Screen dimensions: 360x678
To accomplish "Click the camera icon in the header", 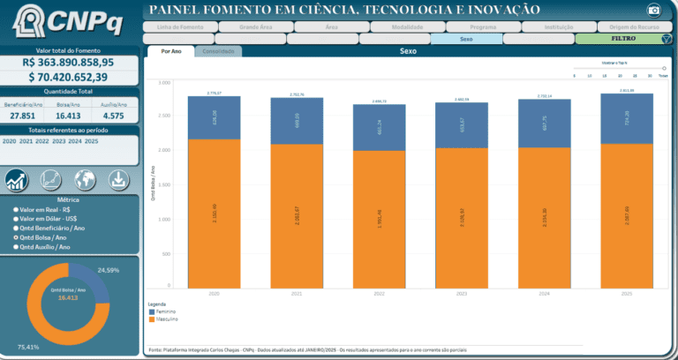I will click(654, 11).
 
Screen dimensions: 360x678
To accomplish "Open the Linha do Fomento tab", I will click(179, 26).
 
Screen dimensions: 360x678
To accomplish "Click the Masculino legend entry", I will click(169, 320).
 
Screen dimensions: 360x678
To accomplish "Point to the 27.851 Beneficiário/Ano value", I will click(23, 116).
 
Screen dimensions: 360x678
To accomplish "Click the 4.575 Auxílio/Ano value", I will click(113, 116).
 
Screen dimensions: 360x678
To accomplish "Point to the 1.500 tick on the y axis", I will click(163, 184).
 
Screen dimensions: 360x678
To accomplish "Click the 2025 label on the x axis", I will click(625, 294).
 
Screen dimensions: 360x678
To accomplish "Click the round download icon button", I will click(118, 180).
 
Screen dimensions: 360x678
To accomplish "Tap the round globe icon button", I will click(85, 180).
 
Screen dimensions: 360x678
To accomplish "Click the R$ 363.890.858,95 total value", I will click(69, 63).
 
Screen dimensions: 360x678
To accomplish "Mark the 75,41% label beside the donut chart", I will click(29, 348).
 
